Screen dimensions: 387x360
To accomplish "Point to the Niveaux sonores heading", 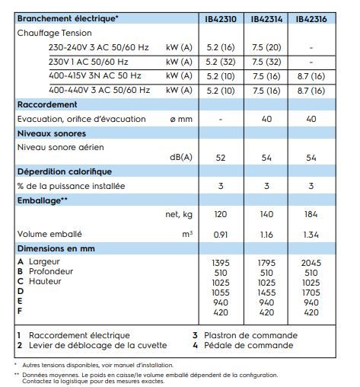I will point(52,133).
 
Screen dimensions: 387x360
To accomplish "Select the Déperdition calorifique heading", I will point(64,172).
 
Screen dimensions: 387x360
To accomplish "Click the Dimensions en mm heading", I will point(56,248).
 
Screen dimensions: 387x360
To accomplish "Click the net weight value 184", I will point(311,215).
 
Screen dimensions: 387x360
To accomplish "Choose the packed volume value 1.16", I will point(266,235).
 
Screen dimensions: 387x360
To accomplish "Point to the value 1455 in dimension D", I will point(266,292).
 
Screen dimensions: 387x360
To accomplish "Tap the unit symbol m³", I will point(187,235).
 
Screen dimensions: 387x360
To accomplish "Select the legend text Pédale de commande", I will point(247,345).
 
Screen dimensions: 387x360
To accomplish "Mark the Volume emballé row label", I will point(49,235).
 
